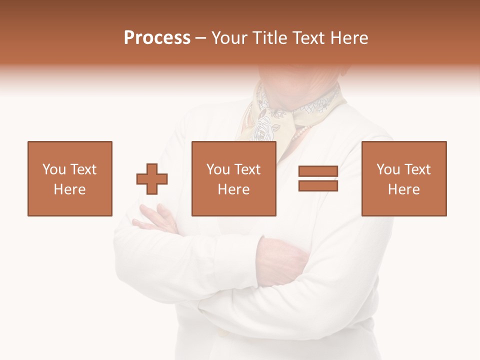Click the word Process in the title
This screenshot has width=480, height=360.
(157, 38)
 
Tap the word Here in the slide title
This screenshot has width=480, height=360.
(348, 38)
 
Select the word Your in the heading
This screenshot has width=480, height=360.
(229, 38)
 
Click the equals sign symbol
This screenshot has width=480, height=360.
(318, 178)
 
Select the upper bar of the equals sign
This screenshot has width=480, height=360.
(318, 171)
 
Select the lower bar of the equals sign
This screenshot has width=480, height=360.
(318, 186)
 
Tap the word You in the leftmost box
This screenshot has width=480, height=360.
(54, 169)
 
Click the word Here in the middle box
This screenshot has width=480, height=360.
(234, 189)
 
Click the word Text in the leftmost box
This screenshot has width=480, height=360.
(83, 169)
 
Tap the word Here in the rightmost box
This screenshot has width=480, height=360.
(404, 189)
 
